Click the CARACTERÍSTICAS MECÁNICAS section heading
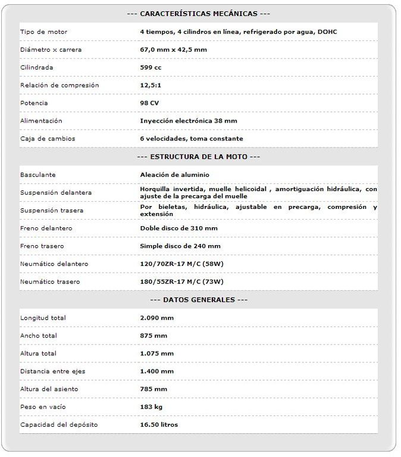click(x=199, y=14)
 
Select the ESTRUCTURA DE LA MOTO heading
click(x=199, y=156)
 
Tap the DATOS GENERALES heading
click(x=199, y=300)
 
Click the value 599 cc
click(x=151, y=67)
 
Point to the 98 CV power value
click(x=149, y=103)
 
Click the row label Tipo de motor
click(x=44, y=32)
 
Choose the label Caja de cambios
click(x=48, y=139)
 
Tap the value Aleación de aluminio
click(x=175, y=175)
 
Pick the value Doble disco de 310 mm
click(x=178, y=228)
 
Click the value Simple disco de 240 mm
click(x=180, y=246)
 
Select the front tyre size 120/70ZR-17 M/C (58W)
click(x=181, y=264)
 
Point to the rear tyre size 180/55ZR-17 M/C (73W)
click(x=181, y=281)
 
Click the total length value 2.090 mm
click(x=156, y=318)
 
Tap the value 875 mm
click(x=153, y=336)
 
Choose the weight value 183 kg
click(x=151, y=407)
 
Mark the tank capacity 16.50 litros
click(x=159, y=425)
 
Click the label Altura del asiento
click(x=49, y=389)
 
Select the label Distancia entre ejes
click(x=53, y=371)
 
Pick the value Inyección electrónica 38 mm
click(x=189, y=121)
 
